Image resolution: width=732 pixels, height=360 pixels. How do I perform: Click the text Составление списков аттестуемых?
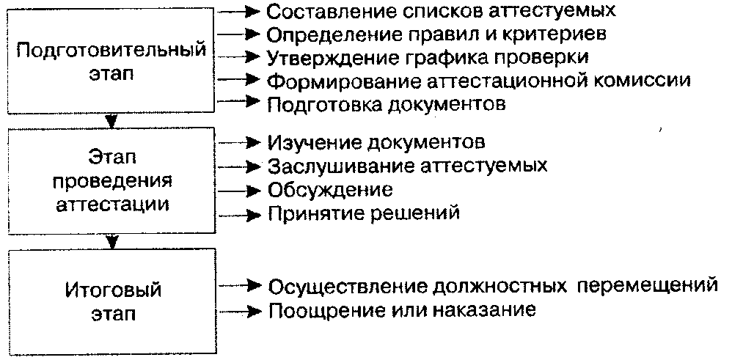click(x=441, y=11)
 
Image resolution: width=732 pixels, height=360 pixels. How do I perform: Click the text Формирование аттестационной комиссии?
click(x=479, y=80)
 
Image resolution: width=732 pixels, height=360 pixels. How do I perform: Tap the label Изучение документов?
click(x=376, y=142)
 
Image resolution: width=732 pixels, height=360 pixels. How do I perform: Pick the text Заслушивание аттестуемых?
click(x=407, y=165)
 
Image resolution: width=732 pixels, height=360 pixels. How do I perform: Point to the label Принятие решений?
click(x=364, y=214)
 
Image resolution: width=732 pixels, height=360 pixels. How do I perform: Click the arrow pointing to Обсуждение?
click(x=240, y=190)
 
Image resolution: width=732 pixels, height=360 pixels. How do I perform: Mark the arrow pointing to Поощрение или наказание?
click(x=240, y=310)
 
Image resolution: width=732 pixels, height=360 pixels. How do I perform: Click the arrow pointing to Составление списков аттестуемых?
click(x=240, y=11)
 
